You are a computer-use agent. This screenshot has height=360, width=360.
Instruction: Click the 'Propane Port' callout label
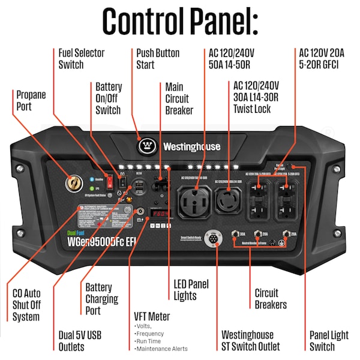31,100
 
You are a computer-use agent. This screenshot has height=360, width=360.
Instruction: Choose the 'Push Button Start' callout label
158,58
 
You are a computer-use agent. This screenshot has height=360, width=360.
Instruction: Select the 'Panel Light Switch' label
329,341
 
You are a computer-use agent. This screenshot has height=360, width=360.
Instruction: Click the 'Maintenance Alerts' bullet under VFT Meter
162,349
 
